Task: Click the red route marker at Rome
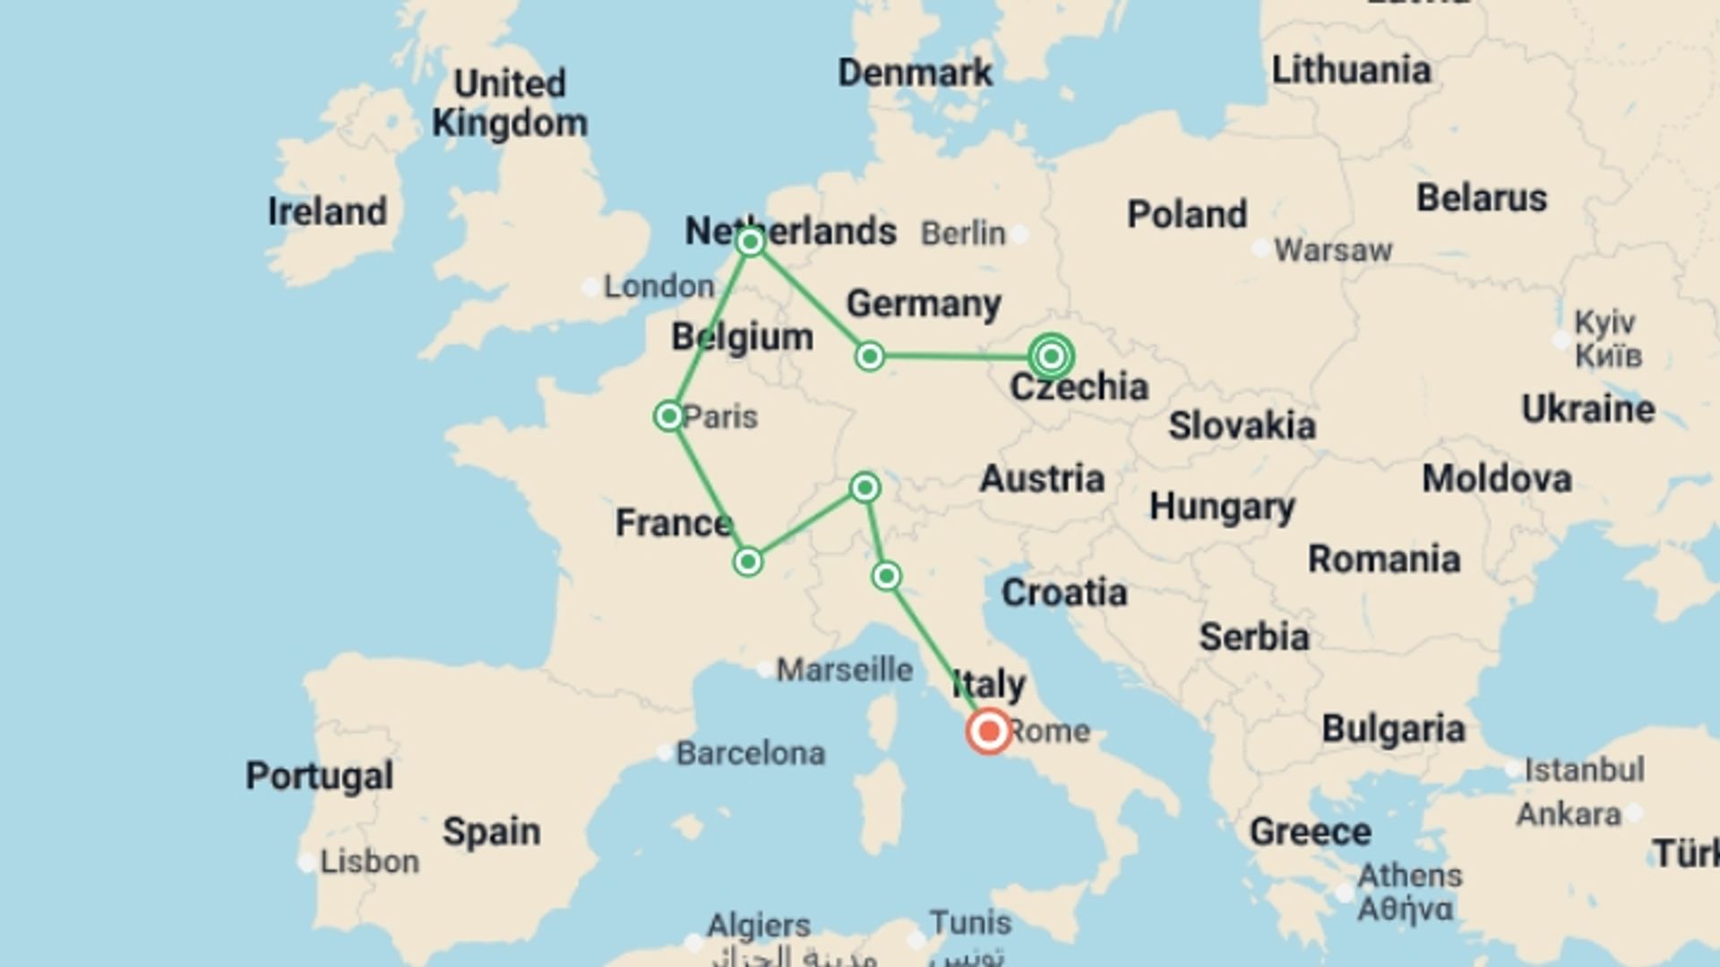(x=989, y=732)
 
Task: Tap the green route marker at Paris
(x=668, y=416)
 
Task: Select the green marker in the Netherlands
(x=750, y=242)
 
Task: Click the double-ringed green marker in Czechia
(x=1052, y=356)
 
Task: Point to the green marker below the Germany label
(x=869, y=356)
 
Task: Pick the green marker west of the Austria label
(x=864, y=487)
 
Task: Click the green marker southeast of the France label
(x=747, y=562)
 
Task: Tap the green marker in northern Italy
(x=886, y=576)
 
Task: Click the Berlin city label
(x=963, y=234)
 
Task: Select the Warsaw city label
(x=1333, y=250)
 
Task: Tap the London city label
(x=658, y=287)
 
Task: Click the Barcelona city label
(x=750, y=754)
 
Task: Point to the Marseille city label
(x=844, y=669)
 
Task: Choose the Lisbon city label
(x=369, y=861)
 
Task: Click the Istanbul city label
(x=1584, y=769)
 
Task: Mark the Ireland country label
(x=328, y=212)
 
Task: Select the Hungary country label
(x=1222, y=507)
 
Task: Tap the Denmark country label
(x=915, y=73)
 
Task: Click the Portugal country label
(x=320, y=775)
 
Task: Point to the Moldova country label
(x=1497, y=479)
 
